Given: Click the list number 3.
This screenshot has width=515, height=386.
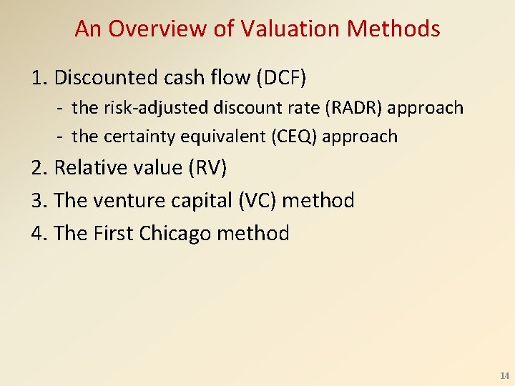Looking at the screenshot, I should coord(37,201).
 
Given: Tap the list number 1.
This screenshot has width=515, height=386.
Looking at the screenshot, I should coord(36,77).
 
